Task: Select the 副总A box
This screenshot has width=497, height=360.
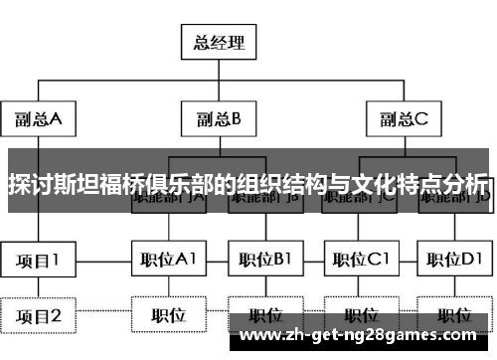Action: coord(38,120)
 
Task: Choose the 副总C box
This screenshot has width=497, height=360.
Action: coord(403,120)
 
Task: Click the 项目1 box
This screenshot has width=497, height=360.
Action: coord(38,262)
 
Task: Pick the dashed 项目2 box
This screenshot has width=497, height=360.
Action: coord(38,316)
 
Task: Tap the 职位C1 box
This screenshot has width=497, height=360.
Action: coord(359,262)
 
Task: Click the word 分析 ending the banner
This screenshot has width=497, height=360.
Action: coord(466,185)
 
